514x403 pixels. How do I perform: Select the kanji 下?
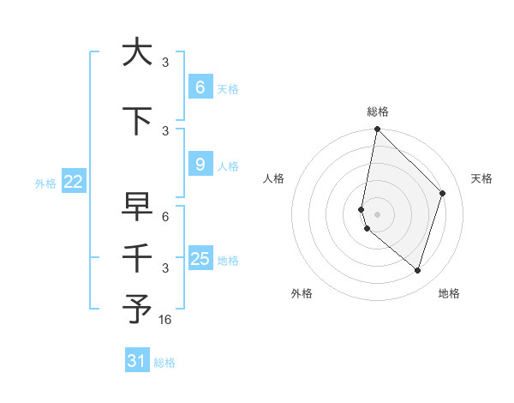pos(137,122)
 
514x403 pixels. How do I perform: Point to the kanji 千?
pos(137,258)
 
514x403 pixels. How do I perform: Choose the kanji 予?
pos(137,310)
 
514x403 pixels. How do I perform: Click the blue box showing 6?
pos(200,87)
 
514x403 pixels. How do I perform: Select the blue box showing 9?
pos(200,165)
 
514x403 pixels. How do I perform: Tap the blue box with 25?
pos(200,259)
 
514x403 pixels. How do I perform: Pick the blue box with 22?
pos(73,181)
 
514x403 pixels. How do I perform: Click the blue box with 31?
pos(137,361)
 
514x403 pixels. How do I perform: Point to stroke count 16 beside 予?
pos(165,320)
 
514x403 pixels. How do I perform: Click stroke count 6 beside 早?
pos(165,217)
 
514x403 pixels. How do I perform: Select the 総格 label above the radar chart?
pos(378,111)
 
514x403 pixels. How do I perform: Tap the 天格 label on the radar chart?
pos(481,178)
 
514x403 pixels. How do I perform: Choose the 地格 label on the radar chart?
pos(449,293)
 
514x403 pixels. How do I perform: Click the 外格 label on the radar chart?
pos(302,293)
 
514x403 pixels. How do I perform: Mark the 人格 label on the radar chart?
pos(273,178)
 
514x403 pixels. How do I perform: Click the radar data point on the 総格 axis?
pos(377,129)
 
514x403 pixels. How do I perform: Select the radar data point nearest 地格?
pos(417,270)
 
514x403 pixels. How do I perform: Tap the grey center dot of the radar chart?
pos(377,214)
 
